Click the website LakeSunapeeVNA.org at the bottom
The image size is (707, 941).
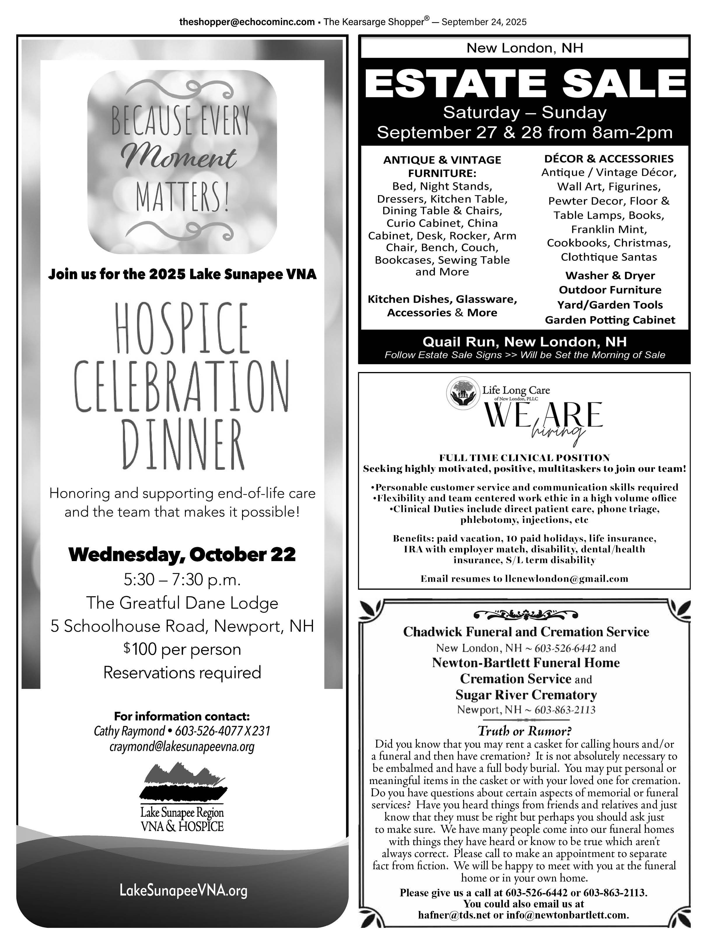184,891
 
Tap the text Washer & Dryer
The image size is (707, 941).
610,276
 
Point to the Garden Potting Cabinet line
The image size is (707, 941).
610,320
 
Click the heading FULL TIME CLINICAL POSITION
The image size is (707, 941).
524,458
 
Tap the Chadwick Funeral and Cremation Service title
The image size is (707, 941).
526,632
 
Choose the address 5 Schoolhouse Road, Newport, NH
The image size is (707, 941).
182,626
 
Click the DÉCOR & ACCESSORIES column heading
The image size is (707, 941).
609,159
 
